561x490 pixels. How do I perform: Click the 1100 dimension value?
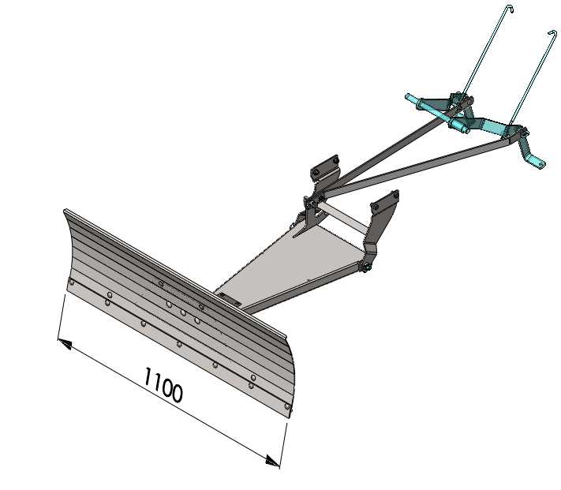[163, 385]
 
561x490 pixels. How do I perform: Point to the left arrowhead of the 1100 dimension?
[65, 344]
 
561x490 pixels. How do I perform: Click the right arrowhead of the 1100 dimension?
[273, 461]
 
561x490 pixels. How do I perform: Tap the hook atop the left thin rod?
[511, 8]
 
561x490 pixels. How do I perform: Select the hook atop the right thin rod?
[553, 33]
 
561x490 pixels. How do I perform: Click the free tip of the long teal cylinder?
[407, 96]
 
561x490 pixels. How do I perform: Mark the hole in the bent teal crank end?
[542, 165]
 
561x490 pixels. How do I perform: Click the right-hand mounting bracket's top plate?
[385, 201]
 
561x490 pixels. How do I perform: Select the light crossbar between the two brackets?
[343, 219]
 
